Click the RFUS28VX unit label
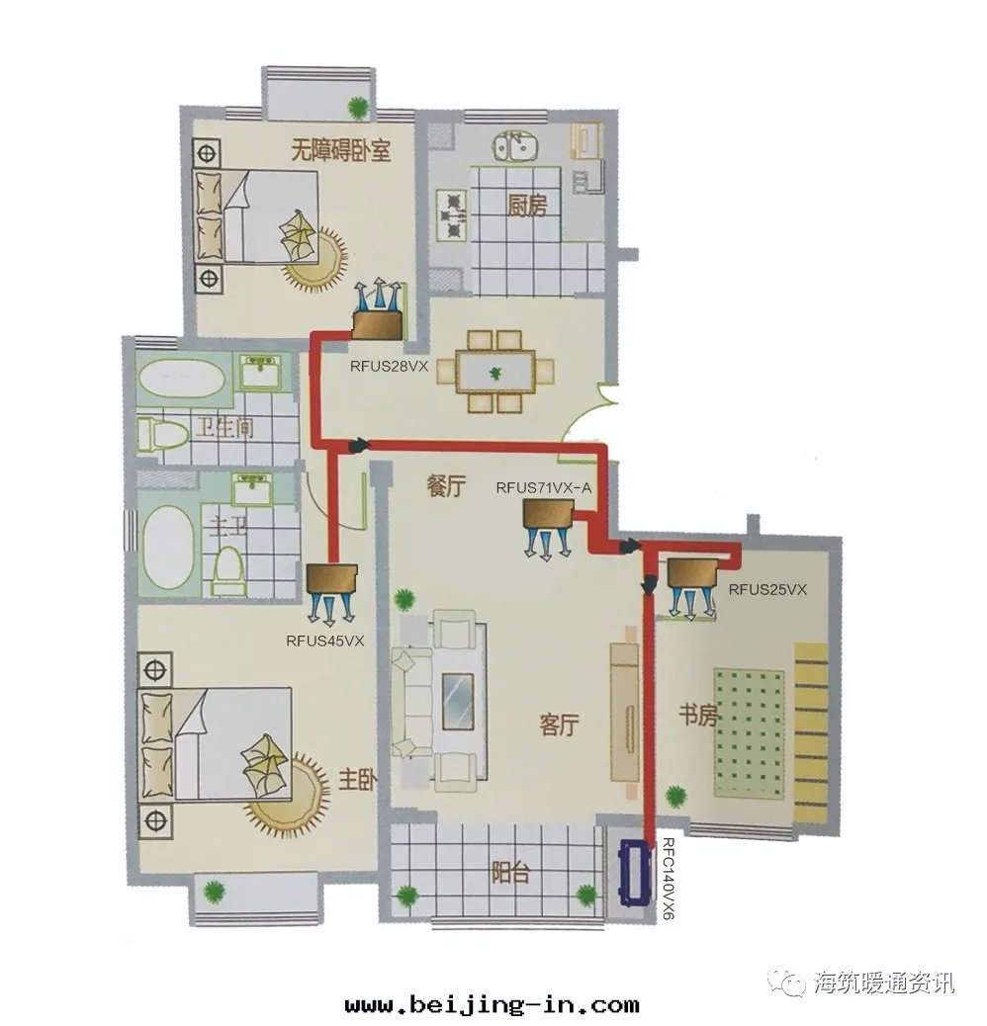click(x=389, y=367)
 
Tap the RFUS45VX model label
click(x=324, y=641)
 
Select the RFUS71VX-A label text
click(x=543, y=487)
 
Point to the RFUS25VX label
click(x=767, y=589)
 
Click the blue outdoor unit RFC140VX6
click(x=636, y=873)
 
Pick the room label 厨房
click(x=527, y=206)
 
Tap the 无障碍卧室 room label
click(x=340, y=151)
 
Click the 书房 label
click(x=697, y=716)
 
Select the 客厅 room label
click(x=559, y=725)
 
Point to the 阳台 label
click(x=510, y=873)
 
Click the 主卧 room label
click(x=357, y=780)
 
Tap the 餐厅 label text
click(x=446, y=486)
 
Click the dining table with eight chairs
click(x=495, y=372)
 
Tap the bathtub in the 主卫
click(x=168, y=547)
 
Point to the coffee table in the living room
click(x=458, y=702)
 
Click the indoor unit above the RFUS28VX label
click(x=378, y=326)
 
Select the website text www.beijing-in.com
click(x=493, y=1003)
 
